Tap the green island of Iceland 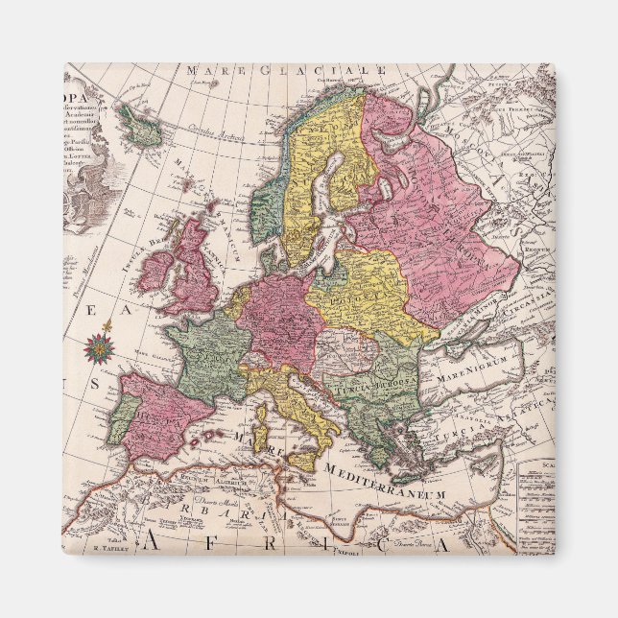click(142, 125)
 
